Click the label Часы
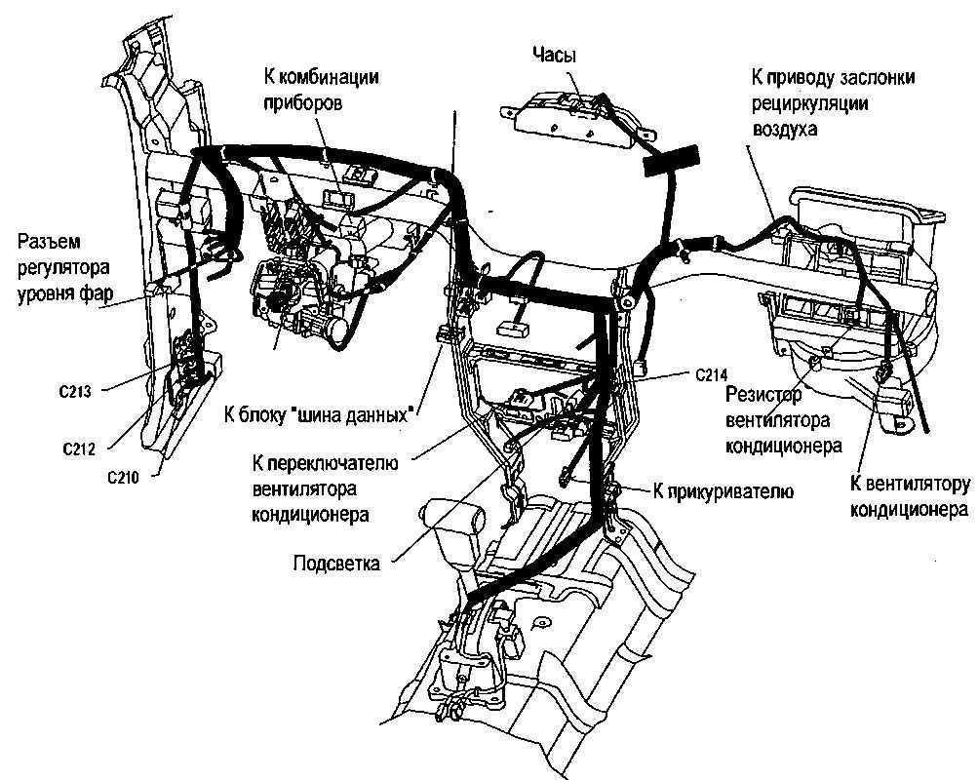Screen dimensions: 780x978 [x=555, y=56]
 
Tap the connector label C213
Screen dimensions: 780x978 [x=74, y=393]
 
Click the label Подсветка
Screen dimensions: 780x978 [x=335, y=563]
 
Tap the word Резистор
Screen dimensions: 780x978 [x=764, y=394]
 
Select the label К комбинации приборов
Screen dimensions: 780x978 [x=321, y=89]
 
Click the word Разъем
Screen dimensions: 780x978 [x=46, y=242]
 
